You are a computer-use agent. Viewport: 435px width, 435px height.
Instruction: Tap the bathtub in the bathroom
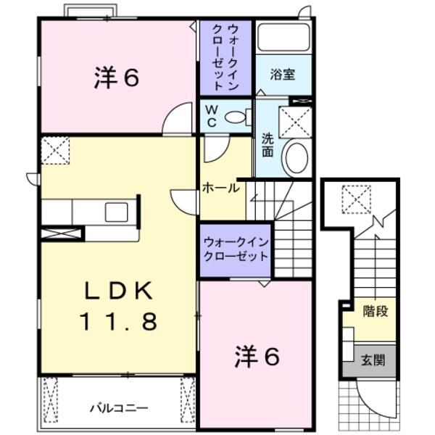pyautogui.click(x=284, y=38)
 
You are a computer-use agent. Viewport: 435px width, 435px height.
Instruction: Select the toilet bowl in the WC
pyautogui.click(x=236, y=117)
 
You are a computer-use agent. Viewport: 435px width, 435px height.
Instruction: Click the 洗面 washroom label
pyautogui.click(x=267, y=147)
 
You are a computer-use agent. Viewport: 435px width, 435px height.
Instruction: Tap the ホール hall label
pyautogui.click(x=220, y=188)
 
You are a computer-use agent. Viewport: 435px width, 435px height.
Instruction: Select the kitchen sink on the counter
pyautogui.click(x=116, y=212)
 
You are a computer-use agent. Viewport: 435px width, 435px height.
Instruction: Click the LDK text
pyautogui.click(x=118, y=291)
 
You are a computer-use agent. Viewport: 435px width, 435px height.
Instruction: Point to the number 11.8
pyautogui.click(x=118, y=321)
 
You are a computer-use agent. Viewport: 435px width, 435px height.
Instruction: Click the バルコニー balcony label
pyautogui.click(x=119, y=407)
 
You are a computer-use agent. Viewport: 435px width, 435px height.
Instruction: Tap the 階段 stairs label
pyautogui.click(x=374, y=312)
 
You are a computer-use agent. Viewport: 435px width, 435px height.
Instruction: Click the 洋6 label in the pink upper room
pyautogui.click(x=116, y=78)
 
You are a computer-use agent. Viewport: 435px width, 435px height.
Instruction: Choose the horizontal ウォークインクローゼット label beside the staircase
pyautogui.click(x=236, y=249)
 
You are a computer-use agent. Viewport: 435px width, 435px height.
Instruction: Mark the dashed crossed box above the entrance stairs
pyautogui.click(x=356, y=198)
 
